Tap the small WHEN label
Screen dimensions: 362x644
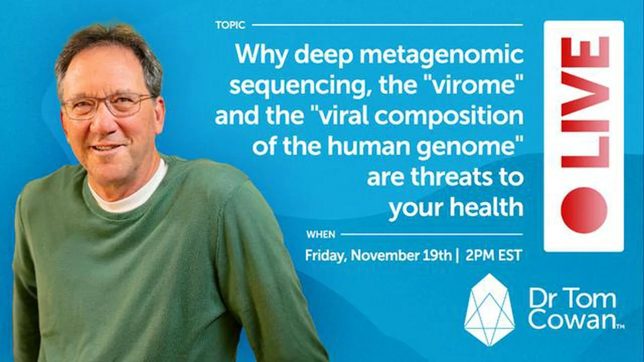pos(320,234)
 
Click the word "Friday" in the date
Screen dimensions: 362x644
pos(325,255)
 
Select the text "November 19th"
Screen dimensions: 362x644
pos(400,255)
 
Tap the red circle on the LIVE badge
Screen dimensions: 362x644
pos(584,210)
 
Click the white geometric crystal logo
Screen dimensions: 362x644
pos(489,310)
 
